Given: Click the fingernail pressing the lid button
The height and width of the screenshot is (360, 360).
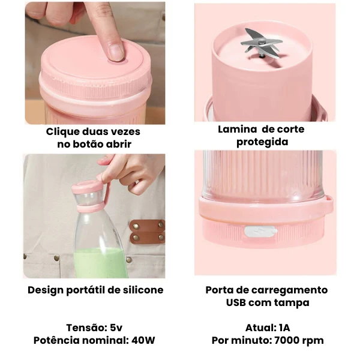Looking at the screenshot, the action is [x=116, y=52].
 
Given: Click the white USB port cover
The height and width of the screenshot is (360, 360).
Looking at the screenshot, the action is [x=261, y=231].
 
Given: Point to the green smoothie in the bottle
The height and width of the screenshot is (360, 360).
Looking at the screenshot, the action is [x=101, y=263].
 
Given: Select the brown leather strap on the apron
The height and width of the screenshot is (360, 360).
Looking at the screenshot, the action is [x=148, y=232].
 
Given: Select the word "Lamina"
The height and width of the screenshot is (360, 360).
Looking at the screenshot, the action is [x=237, y=129].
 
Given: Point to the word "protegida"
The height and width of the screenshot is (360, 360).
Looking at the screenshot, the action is [x=262, y=142].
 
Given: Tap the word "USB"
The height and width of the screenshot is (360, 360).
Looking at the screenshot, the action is [x=236, y=302].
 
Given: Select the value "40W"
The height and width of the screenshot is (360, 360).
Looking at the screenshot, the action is [x=143, y=340].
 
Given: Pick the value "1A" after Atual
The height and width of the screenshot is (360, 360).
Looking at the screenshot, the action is [x=284, y=328].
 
